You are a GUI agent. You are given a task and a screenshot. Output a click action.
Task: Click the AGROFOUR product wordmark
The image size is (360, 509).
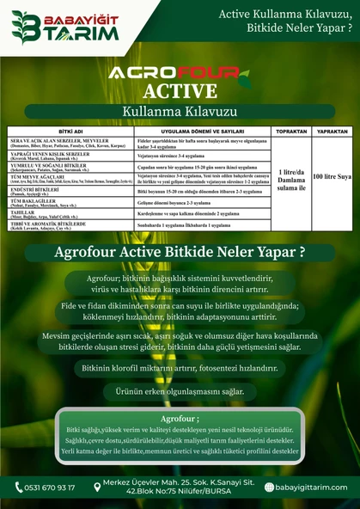(x=180, y=75)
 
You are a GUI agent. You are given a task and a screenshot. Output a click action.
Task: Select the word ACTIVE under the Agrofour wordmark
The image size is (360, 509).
(x=180, y=92)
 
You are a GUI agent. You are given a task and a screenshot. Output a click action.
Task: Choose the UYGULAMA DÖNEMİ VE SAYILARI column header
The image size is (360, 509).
(x=196, y=132)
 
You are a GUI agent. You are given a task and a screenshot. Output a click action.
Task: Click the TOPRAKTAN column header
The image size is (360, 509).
(x=286, y=132)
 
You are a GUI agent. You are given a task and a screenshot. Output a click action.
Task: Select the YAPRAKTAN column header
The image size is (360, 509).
(x=332, y=132)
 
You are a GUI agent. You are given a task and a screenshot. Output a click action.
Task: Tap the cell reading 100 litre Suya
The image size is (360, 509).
(x=332, y=175)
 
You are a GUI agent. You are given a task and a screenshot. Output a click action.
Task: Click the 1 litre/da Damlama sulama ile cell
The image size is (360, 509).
(x=286, y=176)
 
